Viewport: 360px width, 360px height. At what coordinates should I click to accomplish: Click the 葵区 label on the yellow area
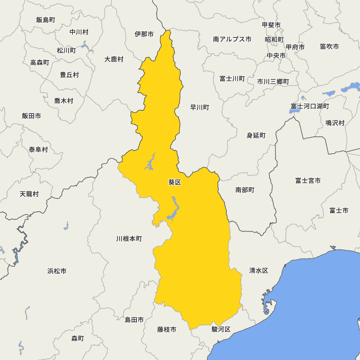point(175,183)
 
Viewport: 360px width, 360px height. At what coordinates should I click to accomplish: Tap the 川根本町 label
point(129,239)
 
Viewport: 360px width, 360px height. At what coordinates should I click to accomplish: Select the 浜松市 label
point(57,271)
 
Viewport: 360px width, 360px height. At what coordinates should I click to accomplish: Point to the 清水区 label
point(259,271)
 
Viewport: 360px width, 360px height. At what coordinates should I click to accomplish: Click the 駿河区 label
point(221,329)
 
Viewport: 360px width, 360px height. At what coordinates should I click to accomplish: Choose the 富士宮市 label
point(308,181)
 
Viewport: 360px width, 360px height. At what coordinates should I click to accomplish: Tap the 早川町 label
point(199,107)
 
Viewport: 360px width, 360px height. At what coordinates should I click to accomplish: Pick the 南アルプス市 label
point(232,39)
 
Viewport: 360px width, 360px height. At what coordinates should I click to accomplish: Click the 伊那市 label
point(144,34)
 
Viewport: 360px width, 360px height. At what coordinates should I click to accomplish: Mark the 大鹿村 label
point(114,59)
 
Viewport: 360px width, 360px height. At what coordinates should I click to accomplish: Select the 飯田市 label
point(31,116)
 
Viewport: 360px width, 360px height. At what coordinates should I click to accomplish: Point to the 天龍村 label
point(29,194)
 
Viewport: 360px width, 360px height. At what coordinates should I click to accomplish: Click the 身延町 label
point(256,135)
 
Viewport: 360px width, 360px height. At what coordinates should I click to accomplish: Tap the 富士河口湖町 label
point(310,106)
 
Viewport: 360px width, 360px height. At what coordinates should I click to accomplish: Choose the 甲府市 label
point(295,47)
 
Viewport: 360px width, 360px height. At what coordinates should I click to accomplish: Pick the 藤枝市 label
point(167,329)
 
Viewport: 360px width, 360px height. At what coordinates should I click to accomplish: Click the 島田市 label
point(134,320)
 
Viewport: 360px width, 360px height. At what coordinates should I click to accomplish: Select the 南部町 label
point(245,190)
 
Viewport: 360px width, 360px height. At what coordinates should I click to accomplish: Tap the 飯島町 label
point(46,20)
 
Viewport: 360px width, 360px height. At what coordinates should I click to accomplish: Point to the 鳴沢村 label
point(335,123)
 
